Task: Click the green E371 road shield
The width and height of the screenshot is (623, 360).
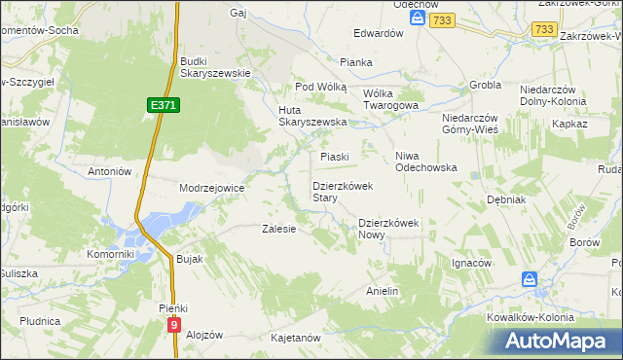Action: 165,104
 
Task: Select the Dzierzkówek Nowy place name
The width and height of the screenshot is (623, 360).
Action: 387,228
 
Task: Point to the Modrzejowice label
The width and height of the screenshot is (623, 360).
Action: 211,187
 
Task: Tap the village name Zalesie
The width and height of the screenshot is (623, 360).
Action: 278,230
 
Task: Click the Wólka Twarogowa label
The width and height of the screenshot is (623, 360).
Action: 390,99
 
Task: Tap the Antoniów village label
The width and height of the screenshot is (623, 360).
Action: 109,171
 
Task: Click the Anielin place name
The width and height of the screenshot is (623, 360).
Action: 383,291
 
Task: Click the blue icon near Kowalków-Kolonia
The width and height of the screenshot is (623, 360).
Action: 530,280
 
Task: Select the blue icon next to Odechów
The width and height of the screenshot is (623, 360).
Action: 418,18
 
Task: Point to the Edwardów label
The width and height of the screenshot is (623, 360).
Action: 379,33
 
